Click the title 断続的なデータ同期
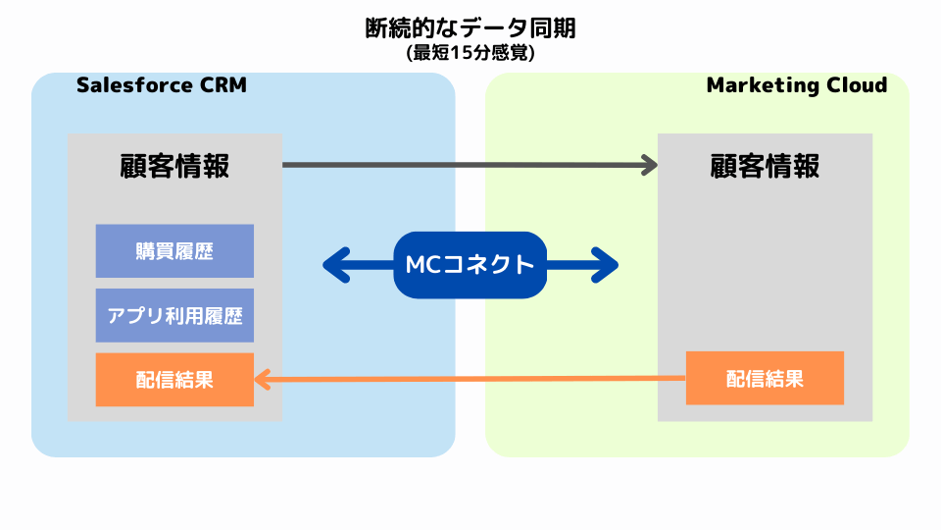click(470, 28)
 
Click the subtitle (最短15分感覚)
click(470, 54)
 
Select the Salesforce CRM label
click(162, 85)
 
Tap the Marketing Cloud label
click(796, 85)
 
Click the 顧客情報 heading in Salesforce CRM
click(174, 166)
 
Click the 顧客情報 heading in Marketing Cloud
click(765, 166)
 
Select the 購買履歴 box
click(174, 251)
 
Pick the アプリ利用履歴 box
click(174, 316)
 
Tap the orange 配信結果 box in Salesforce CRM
click(174, 380)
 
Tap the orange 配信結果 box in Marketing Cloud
click(765, 378)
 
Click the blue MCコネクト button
click(470, 265)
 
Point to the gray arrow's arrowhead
click(649, 165)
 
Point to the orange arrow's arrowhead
click(263, 380)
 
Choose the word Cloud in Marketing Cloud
click(856, 85)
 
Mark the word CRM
click(224, 85)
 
